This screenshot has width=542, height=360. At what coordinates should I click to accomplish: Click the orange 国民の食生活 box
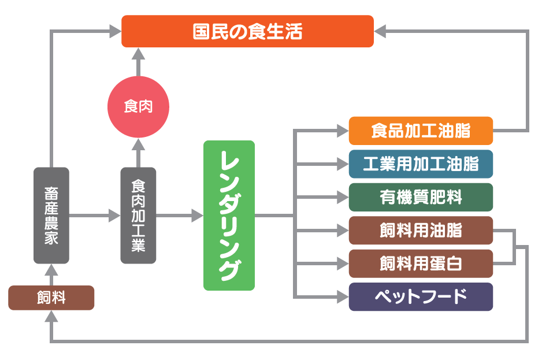tap(247, 31)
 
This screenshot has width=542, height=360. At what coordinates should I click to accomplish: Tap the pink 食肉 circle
tap(138, 106)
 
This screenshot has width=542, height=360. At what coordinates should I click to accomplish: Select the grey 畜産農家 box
tap(51, 215)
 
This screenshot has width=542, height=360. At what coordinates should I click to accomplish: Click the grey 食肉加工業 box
tap(138, 215)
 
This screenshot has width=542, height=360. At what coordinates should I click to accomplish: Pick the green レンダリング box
tap(229, 215)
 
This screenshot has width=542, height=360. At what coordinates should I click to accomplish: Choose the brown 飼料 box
tap(51, 298)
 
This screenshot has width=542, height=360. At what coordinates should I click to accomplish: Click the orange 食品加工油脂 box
tap(421, 131)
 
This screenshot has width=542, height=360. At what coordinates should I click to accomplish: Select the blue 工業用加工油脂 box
tap(421, 164)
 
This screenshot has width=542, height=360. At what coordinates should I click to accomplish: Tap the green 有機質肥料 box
tap(421, 197)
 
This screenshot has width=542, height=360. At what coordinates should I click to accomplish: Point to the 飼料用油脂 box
tap(421, 231)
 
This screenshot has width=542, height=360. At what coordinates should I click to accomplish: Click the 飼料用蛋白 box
tap(421, 263)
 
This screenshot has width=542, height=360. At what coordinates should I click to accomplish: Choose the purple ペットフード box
tap(421, 297)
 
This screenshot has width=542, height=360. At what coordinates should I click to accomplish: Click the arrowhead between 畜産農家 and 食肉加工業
tap(114, 216)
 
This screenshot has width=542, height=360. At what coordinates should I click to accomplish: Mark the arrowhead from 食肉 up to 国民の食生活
tap(138, 54)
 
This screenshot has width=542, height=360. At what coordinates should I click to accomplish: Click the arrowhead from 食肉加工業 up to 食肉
tap(138, 144)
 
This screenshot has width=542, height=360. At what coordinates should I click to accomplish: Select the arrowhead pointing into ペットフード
tap(343, 297)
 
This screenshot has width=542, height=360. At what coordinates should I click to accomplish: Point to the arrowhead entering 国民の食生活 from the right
tap(381, 31)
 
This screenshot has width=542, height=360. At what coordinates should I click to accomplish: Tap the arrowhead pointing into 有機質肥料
tap(343, 197)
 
